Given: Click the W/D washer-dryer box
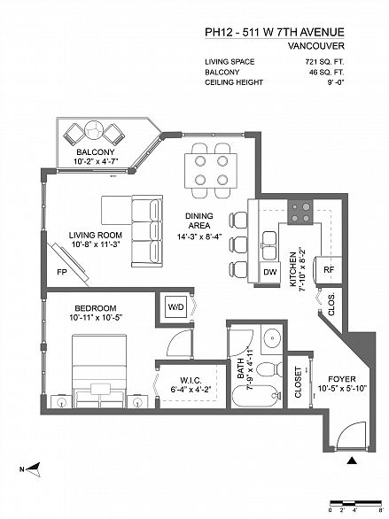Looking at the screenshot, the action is (175, 306).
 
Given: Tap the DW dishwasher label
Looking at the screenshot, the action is (269, 272).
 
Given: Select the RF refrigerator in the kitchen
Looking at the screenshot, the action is (329, 270).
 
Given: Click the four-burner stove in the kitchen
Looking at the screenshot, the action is (300, 213).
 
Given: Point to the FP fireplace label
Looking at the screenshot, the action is (62, 272).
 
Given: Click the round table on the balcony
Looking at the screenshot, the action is (94, 130).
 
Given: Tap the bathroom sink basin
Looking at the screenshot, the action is (272, 338).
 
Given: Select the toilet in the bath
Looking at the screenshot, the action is (269, 369).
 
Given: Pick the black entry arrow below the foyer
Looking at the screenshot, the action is (352, 461).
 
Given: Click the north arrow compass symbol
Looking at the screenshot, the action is (33, 469).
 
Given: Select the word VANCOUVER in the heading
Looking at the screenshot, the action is (315, 46).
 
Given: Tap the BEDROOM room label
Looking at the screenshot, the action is (96, 308).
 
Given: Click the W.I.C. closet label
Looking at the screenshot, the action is (191, 380).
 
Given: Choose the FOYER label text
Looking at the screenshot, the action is (342, 379).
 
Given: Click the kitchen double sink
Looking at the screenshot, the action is (269, 246).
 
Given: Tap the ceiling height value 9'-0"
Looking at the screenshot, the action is (334, 82).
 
